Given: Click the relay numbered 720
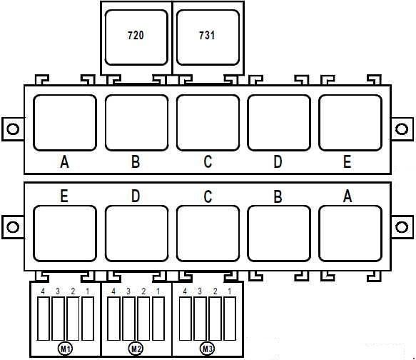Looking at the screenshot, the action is coord(136,37).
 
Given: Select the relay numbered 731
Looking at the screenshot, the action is coord(208,37).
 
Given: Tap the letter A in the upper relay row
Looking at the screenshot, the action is coord(64,162).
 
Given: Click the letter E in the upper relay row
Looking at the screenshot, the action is coord(347,161).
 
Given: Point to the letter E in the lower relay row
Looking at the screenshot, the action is coord(64,196).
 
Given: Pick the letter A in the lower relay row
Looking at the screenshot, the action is coord(347,196).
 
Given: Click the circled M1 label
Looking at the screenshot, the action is coord(65,349).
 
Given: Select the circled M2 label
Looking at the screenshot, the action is coord(136,349).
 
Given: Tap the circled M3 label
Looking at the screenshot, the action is coord(207,349).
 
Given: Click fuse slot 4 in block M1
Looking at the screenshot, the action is coord(43,319).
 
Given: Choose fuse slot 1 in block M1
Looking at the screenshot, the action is coord(88,319).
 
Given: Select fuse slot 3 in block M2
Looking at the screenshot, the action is coord(128,319).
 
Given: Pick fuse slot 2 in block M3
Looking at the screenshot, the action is coord(215,319).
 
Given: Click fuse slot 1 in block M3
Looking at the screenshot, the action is coord(230,319).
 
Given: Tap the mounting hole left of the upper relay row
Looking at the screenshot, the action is coord(13,129).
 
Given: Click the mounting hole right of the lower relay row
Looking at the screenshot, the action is coord(402,227).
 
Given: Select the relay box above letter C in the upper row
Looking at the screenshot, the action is coord(208,123).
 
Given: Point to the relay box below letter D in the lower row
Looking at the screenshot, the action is coord(136,234).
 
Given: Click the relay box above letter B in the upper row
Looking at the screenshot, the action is coord(136,123).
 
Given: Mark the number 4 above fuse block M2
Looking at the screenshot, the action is coord(113,291).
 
